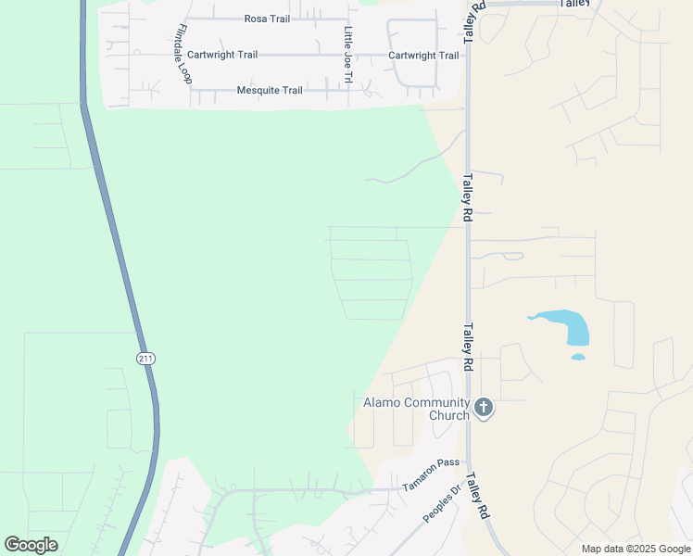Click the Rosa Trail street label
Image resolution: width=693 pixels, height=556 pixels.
(267, 19)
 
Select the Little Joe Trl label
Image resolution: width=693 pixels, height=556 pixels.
(348, 56)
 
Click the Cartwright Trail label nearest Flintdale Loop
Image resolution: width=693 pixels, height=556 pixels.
(222, 55)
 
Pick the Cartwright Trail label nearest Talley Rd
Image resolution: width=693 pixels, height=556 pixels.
(423, 56)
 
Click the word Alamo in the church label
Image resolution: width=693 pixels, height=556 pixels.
(381, 402)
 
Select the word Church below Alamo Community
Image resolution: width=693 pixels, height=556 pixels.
(448, 415)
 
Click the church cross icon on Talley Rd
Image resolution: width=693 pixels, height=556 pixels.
(483, 407)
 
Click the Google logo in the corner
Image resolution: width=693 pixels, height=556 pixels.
(31, 545)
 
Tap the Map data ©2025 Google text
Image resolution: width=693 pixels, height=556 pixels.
(636, 549)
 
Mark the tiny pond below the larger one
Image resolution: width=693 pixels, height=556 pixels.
(578, 357)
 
